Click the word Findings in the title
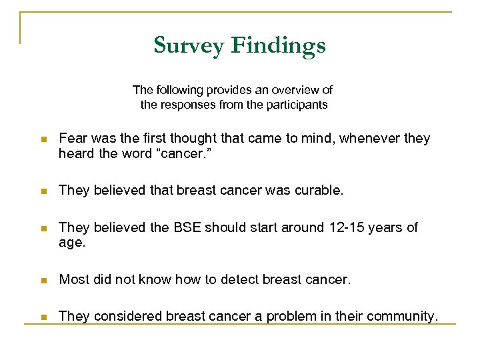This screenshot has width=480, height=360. click(279, 45)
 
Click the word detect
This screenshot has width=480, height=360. click(243, 280)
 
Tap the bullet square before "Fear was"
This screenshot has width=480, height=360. click(42, 139)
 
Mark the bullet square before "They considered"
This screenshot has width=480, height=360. click(42, 317)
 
